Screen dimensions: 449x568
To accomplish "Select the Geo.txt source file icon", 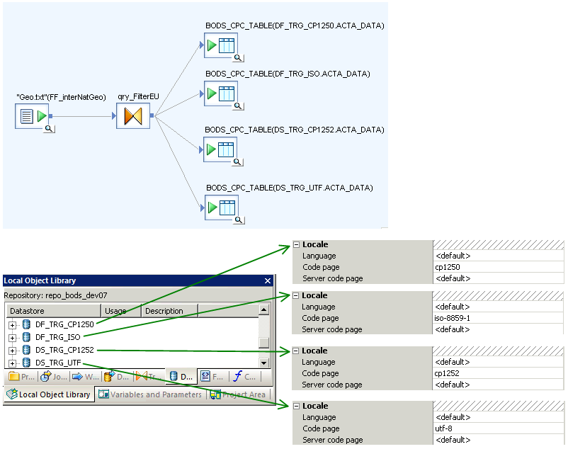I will [33, 116].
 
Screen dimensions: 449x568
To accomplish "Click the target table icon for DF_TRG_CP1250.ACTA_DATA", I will [221, 46].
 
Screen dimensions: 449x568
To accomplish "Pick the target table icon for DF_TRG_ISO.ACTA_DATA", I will [221, 93].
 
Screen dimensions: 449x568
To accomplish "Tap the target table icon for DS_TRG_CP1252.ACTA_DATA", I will [221, 149].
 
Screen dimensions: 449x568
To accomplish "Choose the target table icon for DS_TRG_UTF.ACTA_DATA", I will [221, 208].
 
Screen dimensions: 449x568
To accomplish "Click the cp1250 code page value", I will [448, 267].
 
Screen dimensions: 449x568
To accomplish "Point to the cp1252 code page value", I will [448, 373].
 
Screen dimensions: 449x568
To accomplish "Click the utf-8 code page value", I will [445, 428].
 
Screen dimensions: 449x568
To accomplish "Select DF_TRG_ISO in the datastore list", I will [57, 337].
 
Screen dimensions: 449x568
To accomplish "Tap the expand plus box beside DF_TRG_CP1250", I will [13, 324].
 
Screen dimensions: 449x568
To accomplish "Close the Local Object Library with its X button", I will [268, 280].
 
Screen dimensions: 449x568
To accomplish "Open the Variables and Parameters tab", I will [150, 394].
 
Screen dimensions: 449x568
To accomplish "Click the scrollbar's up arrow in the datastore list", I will [263, 310].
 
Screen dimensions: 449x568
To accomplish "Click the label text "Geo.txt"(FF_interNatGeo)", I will [65, 96].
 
